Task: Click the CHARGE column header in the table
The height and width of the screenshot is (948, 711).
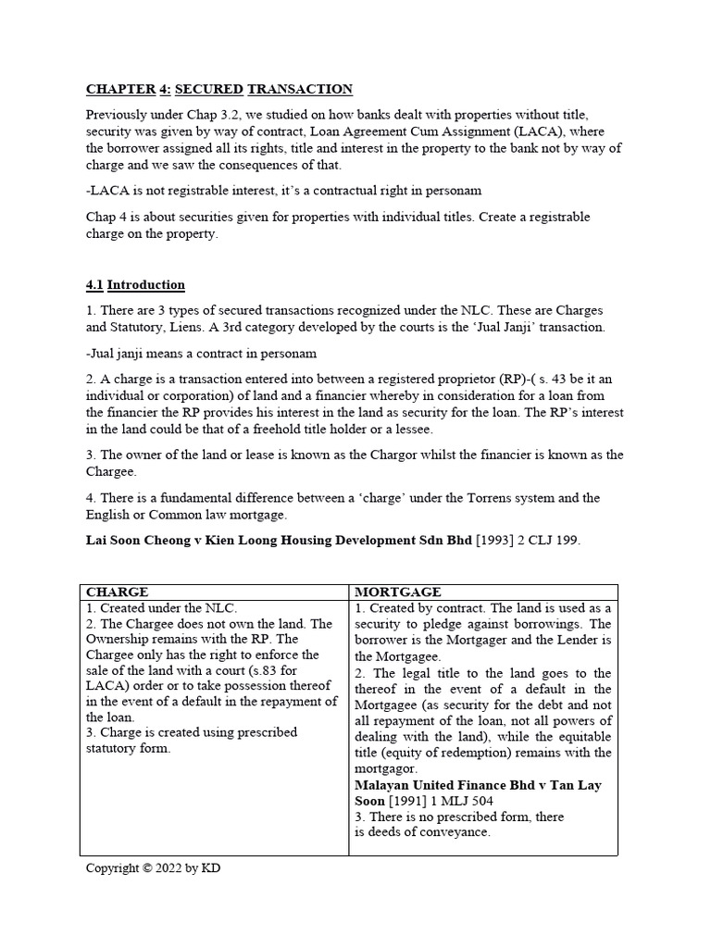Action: (x=117, y=592)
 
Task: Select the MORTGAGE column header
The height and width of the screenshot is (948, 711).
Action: (x=398, y=592)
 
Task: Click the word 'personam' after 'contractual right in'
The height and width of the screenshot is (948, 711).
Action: (x=454, y=190)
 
